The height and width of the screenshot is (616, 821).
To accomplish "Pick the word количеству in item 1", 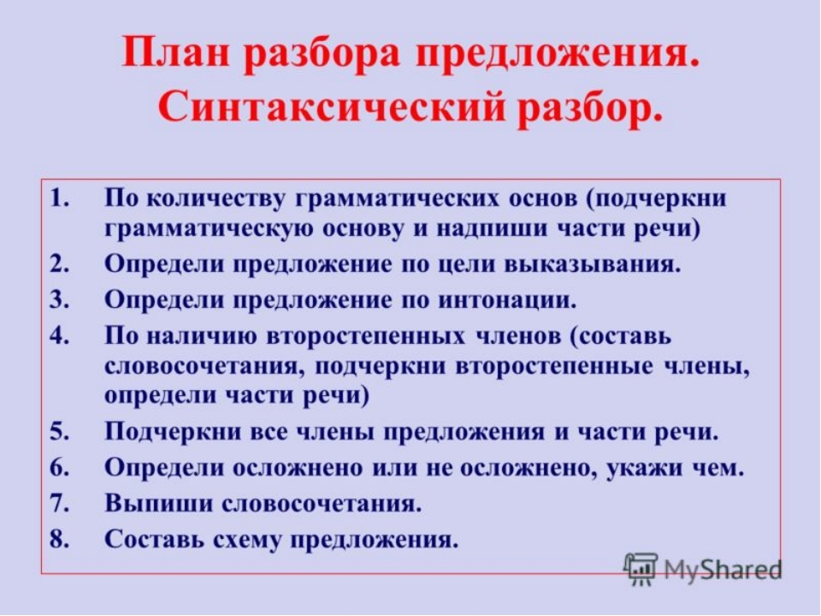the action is [216, 200].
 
